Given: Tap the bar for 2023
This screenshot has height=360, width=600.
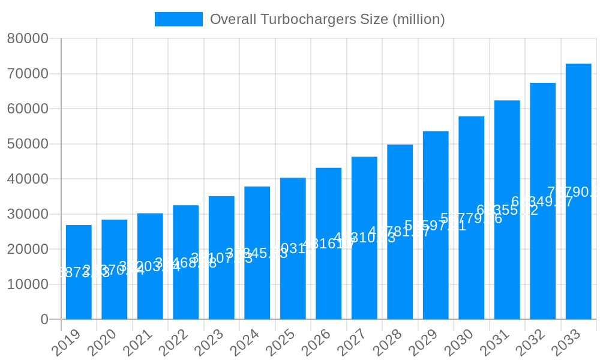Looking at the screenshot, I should [221, 257].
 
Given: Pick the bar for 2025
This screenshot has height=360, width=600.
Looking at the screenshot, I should [293, 248].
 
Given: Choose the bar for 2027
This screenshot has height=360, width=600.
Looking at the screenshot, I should [364, 238].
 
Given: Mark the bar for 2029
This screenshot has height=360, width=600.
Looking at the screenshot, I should [436, 225].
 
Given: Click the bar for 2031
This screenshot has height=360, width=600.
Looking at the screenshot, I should [507, 209].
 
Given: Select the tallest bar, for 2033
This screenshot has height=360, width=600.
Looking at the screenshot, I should [578, 191].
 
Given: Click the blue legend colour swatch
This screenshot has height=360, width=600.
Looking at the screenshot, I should [178, 19].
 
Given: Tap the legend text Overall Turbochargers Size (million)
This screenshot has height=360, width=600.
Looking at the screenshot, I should [328, 19].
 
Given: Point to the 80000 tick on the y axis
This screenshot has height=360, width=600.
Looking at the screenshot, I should [28, 39].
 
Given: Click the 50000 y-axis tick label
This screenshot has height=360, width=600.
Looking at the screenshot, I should [28, 144].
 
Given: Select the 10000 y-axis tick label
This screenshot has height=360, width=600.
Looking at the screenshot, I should [28, 284].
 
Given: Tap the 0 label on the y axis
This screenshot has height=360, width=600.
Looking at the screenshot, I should [44, 320].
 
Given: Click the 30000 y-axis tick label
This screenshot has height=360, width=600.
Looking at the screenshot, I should [28, 214].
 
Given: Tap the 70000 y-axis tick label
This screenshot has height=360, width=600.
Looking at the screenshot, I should [28, 74].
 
